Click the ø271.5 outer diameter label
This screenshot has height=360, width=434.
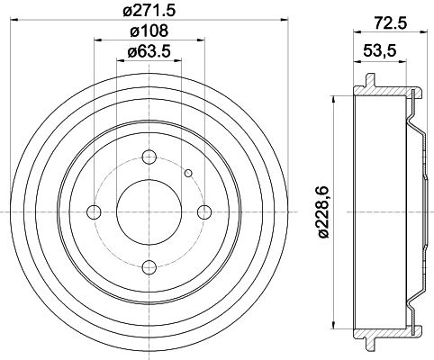[x=149, y=12]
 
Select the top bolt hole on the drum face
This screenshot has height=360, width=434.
[x=149, y=156]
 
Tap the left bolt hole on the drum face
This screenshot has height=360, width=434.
[x=94, y=211]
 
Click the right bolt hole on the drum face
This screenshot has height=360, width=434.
[x=204, y=211]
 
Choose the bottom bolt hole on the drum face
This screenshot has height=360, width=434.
[x=149, y=266]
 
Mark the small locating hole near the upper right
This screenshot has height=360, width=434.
[x=187, y=174]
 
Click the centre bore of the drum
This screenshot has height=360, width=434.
[x=149, y=211]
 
